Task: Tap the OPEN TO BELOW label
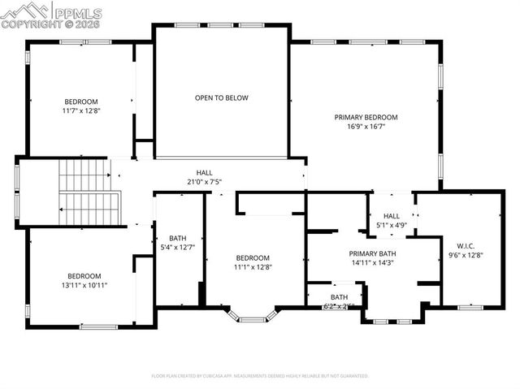(x=221, y=97)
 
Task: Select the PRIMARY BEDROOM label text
(x=366, y=117)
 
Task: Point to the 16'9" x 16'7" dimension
(x=366, y=127)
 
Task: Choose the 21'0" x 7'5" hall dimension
(x=204, y=182)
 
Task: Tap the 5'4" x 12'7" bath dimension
(x=178, y=247)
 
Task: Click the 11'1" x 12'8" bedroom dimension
(x=252, y=266)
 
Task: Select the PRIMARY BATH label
(x=373, y=253)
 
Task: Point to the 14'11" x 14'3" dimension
(x=373, y=262)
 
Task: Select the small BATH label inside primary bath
(x=338, y=297)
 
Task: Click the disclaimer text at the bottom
(x=260, y=376)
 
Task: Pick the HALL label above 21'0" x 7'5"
(x=204, y=172)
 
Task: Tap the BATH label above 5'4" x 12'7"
(x=178, y=237)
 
